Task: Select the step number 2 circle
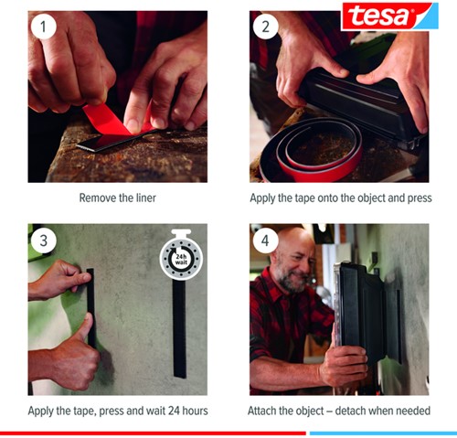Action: (268, 28)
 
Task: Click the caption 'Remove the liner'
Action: (117, 197)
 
